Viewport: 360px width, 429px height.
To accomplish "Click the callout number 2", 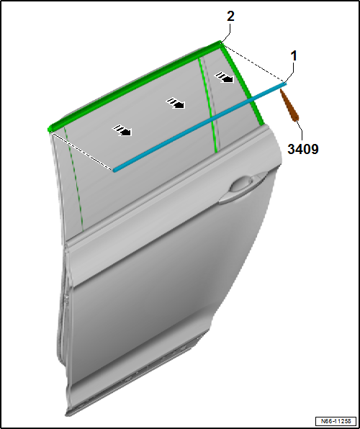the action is tap(230, 17).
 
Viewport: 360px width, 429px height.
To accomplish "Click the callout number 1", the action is tap(294, 56).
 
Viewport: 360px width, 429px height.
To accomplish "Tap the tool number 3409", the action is tap(303, 149).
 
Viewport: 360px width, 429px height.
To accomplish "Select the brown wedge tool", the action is tap(289, 105).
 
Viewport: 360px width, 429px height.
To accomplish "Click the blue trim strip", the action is tap(200, 127).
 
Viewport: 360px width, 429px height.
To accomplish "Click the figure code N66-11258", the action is tap(336, 421).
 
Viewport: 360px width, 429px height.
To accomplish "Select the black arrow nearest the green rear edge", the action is tap(224, 77).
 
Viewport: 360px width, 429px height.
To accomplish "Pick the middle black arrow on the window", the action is tap(176, 104).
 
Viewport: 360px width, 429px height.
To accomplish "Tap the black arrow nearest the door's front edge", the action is tap(122, 130).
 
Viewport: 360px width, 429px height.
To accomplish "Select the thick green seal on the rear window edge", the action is tap(243, 85).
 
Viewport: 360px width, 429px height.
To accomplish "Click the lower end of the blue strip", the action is tap(114, 170).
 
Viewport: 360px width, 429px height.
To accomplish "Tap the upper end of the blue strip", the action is tap(285, 83).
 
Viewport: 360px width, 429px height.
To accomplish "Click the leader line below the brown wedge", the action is tap(300, 131).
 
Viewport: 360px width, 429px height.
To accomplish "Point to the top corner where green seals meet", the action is tap(220, 42).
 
